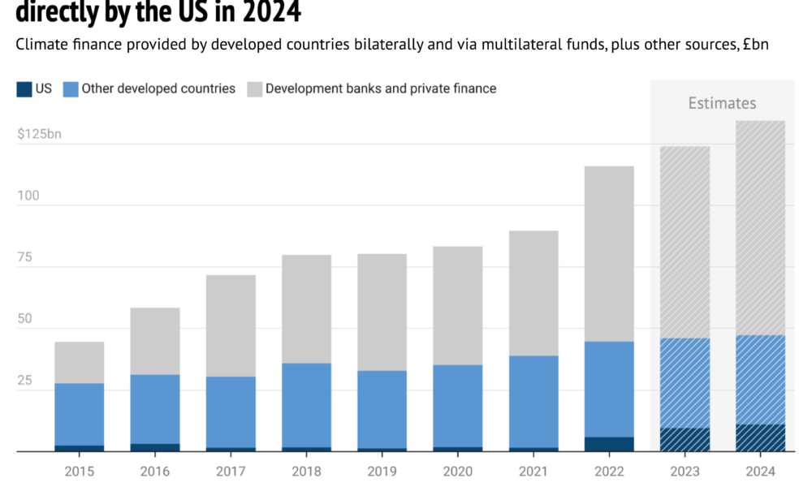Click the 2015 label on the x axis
click(x=80, y=472)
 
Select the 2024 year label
click(x=760, y=472)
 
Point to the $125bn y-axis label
click(x=39, y=133)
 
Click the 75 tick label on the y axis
click(x=24, y=257)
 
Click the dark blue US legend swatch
click(x=24, y=88)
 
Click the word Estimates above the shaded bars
click(x=722, y=103)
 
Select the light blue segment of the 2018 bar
click(x=307, y=404)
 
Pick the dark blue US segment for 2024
click(x=760, y=437)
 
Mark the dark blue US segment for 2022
click(x=609, y=444)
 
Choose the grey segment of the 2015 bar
click(x=80, y=362)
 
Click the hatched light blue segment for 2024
click(x=760, y=379)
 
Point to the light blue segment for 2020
click(x=458, y=406)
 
